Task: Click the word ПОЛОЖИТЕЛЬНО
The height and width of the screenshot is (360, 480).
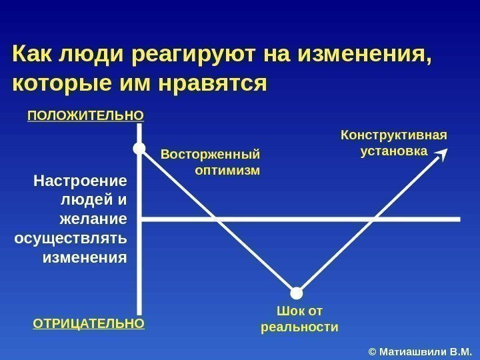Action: point(85,115)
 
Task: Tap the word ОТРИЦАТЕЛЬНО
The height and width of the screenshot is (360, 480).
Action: point(88,324)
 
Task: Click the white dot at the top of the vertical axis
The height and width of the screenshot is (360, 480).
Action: point(139,148)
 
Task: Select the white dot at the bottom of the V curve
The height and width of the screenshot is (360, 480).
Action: point(297,292)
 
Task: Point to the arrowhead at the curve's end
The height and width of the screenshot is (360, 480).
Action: point(442,155)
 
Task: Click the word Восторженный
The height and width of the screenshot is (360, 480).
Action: point(210,155)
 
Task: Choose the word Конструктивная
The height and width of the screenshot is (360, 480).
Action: point(394,136)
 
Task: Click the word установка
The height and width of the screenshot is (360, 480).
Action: point(393,151)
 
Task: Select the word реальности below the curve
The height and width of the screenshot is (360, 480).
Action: point(299,327)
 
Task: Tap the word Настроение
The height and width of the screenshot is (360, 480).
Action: point(80,181)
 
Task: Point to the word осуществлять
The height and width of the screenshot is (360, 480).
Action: point(70,239)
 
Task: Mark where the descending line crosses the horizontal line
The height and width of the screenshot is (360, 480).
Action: point(215,219)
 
